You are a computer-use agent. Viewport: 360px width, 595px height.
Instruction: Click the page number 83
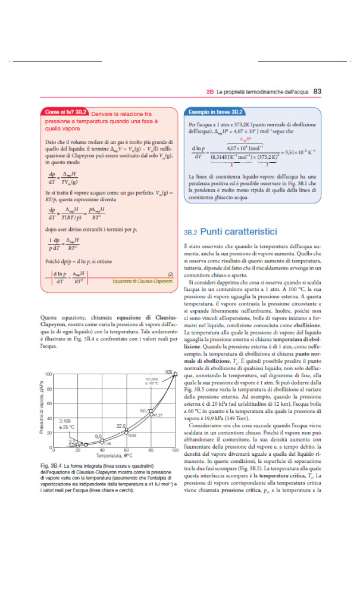(x=317, y=92)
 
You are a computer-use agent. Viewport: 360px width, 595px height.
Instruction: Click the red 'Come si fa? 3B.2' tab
(x=66, y=111)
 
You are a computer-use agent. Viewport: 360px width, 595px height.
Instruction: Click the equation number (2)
(x=170, y=274)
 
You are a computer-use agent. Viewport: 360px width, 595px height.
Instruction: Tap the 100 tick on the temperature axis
(x=175, y=450)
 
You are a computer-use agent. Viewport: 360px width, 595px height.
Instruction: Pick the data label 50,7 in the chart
(x=145, y=411)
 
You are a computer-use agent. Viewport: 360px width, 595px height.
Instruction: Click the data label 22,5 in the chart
(x=121, y=426)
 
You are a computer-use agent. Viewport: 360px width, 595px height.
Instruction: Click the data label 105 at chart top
(x=169, y=372)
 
